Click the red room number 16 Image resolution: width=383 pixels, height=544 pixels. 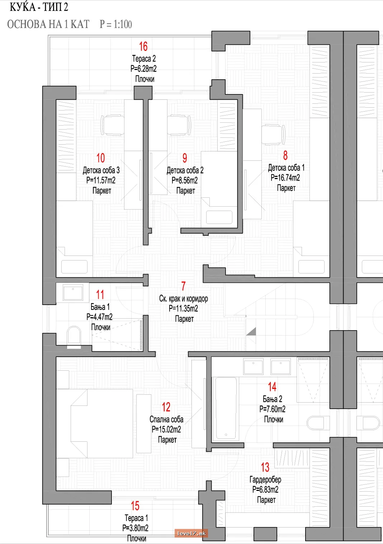pos(143,46)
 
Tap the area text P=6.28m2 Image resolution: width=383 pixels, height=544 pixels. pos(143,69)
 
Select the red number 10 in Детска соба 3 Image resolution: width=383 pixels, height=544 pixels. pos(100,158)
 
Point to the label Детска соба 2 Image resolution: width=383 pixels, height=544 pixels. pos(185,170)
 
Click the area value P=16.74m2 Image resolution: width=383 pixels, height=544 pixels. pos(285,178)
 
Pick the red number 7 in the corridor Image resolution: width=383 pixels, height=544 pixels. pos(184,286)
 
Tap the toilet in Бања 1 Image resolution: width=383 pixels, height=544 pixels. pos(74,335)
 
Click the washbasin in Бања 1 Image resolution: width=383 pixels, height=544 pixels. pos(73,293)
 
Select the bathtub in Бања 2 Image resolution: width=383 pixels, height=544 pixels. pos(226,408)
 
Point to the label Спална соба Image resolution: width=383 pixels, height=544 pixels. pos(166,419)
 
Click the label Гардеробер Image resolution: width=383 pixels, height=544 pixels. pos(265,479)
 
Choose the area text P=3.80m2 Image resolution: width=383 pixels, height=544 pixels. pos(135,528)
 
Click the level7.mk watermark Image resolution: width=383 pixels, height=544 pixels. pos(191,533)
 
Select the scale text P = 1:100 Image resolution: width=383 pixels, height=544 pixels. pos(116,24)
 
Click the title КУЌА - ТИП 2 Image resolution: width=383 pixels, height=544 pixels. pos(39,7)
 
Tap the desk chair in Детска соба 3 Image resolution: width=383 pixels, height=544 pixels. pos(112,125)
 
